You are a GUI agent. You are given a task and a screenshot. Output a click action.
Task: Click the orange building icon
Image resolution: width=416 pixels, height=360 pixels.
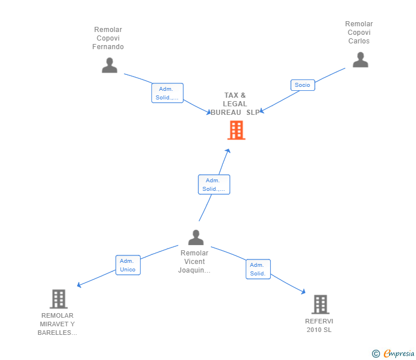236,130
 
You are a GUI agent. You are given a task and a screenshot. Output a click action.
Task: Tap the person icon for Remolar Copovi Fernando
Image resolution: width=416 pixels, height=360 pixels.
110,65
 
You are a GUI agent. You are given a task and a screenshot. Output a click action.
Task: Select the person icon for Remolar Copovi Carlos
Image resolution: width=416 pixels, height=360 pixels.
360,59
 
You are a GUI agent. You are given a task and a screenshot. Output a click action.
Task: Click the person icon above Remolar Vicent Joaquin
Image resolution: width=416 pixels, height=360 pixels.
196,238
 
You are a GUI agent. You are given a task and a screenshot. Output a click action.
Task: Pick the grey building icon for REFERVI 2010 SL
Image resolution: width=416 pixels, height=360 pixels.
321,305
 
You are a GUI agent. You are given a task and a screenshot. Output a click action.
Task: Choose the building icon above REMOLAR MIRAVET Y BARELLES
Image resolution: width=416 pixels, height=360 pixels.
59,299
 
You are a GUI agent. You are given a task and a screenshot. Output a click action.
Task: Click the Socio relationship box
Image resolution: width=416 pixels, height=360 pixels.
303,85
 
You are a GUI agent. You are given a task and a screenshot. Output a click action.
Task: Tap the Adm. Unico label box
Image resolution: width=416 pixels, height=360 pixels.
128,265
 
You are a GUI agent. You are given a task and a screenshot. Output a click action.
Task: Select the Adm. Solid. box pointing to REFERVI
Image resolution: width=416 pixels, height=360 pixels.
258,269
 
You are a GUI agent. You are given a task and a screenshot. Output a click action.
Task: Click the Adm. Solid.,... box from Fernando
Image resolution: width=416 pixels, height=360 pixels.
167,93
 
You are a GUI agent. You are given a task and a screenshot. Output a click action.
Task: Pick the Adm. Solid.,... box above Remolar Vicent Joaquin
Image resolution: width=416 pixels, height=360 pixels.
214,185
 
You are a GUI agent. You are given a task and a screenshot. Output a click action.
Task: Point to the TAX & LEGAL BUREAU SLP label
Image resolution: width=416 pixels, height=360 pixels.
235,104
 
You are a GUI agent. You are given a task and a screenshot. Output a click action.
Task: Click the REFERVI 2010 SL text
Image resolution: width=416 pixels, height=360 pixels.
319,326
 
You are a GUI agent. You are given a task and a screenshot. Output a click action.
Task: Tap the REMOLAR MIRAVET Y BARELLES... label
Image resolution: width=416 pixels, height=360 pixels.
57,324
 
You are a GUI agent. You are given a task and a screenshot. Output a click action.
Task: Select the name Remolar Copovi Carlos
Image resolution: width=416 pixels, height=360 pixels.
359,33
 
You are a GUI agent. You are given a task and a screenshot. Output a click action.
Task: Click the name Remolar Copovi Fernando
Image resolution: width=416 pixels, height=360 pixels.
108,38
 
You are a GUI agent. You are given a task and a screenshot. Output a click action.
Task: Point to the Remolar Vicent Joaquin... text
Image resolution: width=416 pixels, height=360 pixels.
194,262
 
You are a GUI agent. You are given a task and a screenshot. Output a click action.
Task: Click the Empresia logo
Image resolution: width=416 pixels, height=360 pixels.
393,354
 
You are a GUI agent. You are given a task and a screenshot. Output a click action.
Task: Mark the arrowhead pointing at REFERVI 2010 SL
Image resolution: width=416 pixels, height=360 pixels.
303,291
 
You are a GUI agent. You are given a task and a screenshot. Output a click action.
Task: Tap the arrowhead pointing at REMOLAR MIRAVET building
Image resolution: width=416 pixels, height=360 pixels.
79,285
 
